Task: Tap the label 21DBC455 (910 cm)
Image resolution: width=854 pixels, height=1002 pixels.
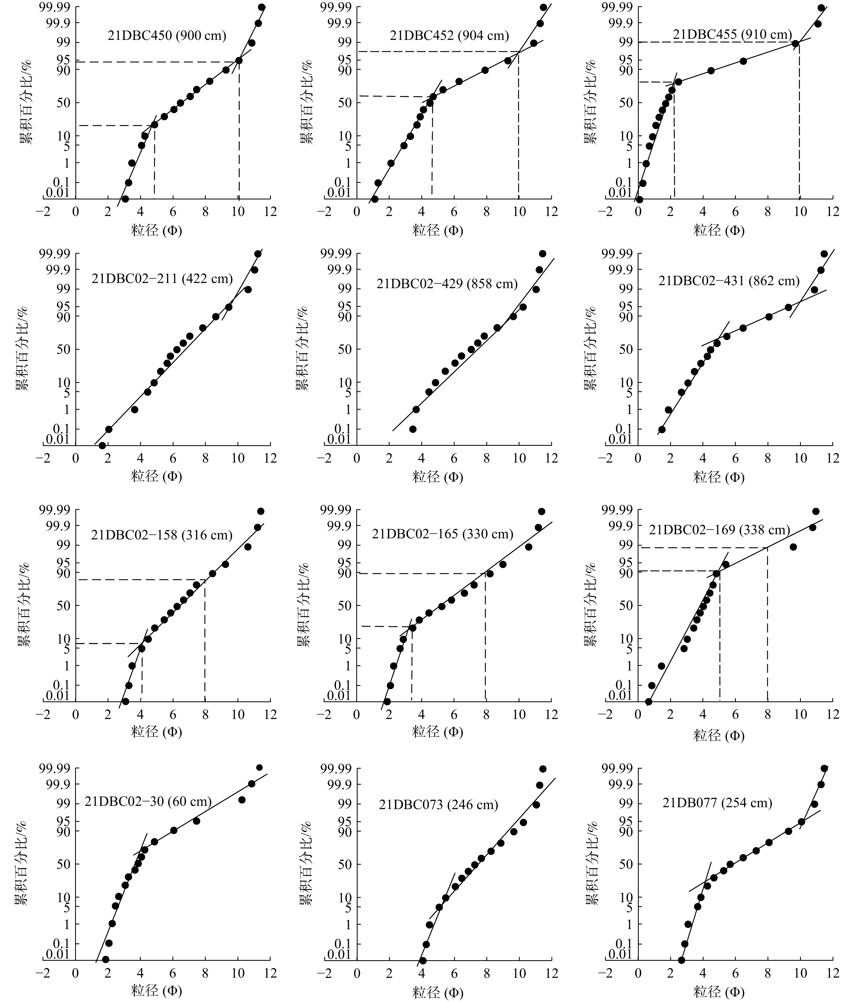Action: (732, 34)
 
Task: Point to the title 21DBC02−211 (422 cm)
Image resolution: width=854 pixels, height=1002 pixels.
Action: (162, 279)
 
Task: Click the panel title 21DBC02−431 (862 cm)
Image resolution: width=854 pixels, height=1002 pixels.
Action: (728, 281)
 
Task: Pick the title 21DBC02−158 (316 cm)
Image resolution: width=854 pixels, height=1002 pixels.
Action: (161, 535)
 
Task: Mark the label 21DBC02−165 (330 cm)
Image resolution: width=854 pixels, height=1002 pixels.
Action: (442, 534)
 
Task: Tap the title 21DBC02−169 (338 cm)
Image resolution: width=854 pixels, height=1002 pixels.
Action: (719, 530)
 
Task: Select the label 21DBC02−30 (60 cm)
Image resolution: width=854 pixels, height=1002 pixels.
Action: (148, 801)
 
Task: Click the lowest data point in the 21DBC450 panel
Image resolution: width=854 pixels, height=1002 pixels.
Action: (125, 199)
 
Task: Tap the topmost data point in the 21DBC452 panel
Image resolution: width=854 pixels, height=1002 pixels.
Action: (543, 7)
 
